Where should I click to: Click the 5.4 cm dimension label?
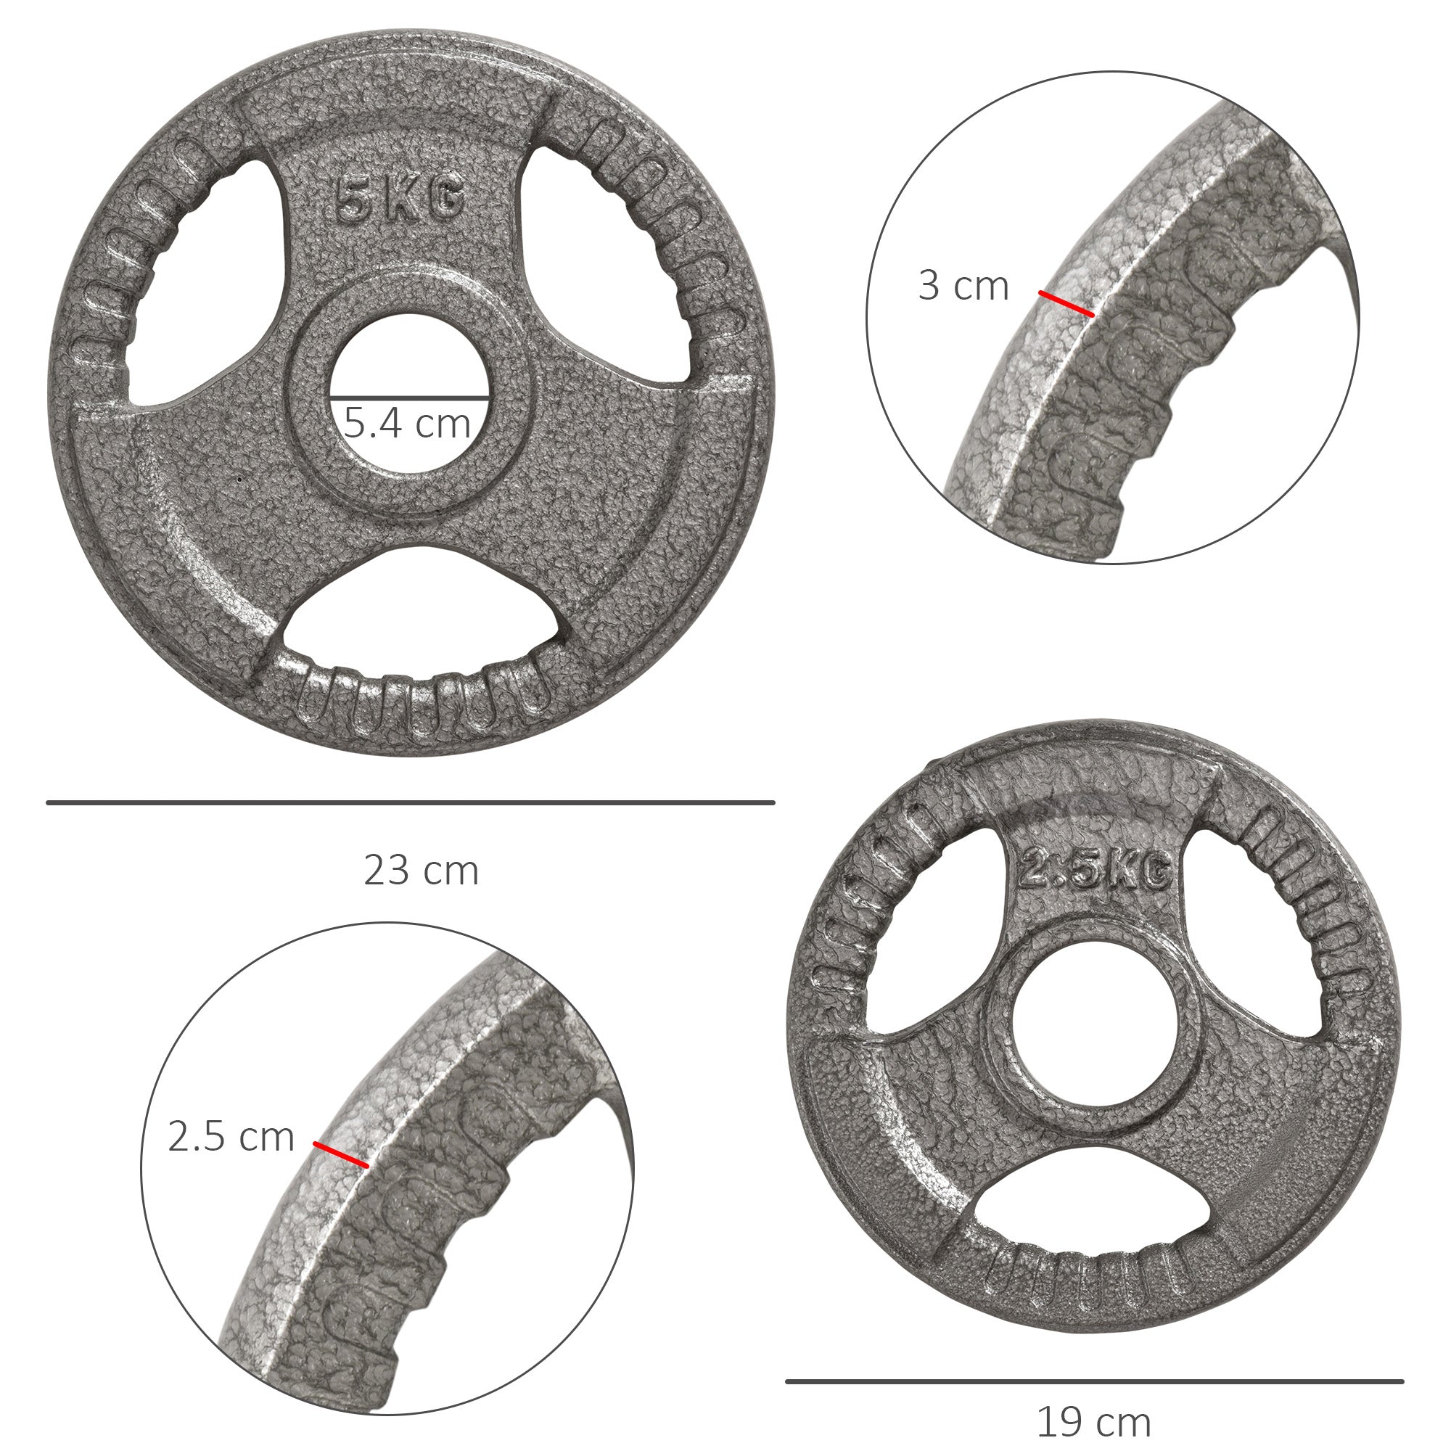pos(408,423)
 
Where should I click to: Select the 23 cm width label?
pos(422,871)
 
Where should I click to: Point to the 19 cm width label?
pos(1093,1422)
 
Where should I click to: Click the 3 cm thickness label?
pos(963,286)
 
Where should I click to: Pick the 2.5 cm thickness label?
pos(231,1136)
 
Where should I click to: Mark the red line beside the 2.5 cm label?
pos(341,1154)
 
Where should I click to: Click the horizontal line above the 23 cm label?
pos(410,803)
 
